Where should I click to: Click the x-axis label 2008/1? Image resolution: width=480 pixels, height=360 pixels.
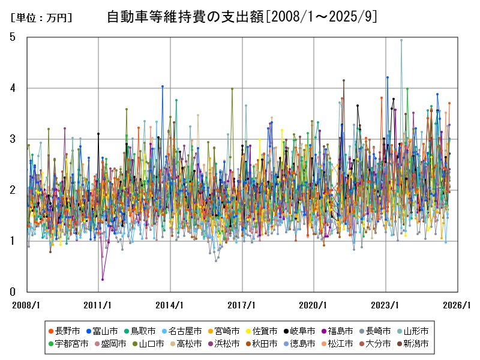[27, 305]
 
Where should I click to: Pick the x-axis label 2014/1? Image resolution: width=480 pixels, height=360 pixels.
[170, 305]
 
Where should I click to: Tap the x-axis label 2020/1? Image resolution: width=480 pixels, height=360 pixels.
[314, 305]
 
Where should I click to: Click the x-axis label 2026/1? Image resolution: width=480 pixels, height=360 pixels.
[458, 305]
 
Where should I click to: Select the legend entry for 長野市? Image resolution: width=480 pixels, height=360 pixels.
[67, 331]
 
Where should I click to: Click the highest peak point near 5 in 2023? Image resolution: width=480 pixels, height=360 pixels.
[401, 40]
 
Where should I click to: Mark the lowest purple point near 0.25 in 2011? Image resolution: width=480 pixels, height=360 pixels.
[103, 280]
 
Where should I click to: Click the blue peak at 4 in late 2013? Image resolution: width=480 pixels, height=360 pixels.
[163, 86]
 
